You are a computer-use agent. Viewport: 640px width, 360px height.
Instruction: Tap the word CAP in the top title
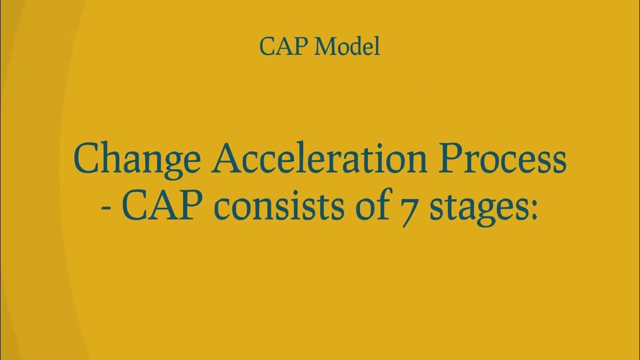[285, 46]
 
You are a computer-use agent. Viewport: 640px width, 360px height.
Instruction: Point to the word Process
[506, 158]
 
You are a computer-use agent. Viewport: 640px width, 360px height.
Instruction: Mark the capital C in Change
[87, 158]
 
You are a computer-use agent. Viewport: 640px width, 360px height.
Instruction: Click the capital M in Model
[328, 46]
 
